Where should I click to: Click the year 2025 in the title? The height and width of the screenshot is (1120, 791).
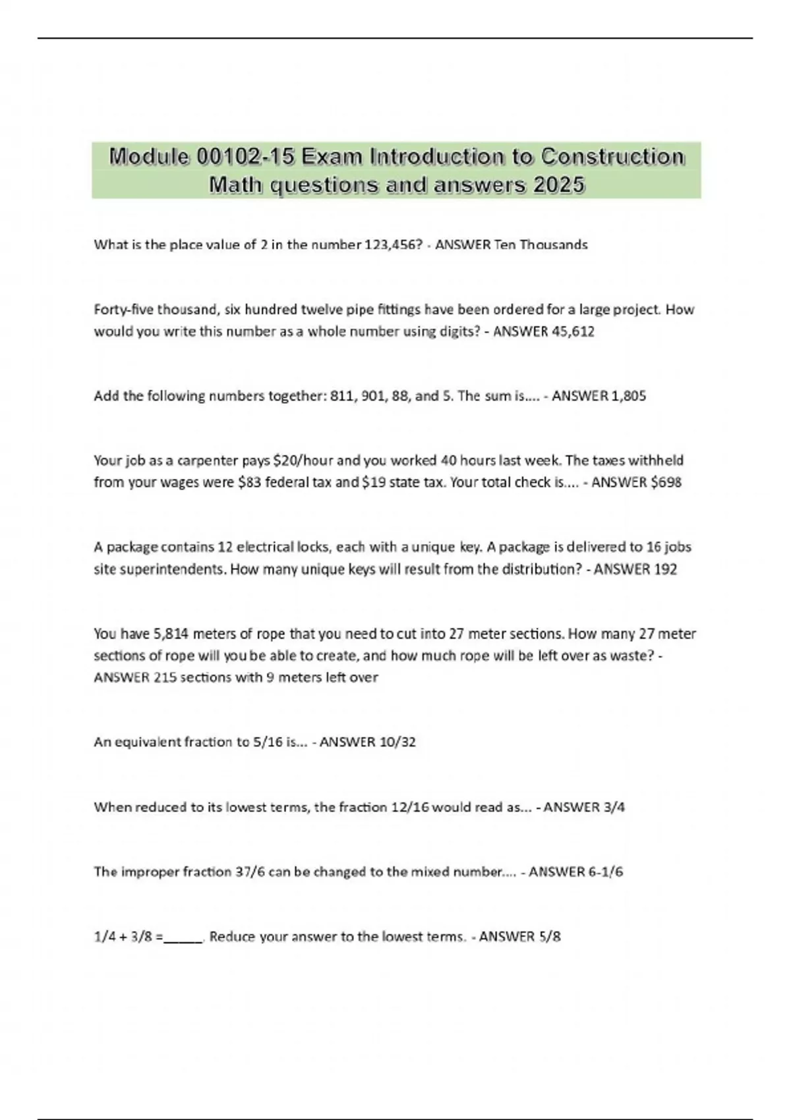(x=559, y=185)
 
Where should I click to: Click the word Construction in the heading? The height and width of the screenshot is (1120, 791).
(x=612, y=157)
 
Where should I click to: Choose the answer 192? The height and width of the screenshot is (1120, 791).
(x=665, y=569)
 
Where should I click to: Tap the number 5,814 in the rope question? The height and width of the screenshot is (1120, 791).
(x=171, y=634)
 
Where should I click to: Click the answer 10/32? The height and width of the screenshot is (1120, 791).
(x=397, y=742)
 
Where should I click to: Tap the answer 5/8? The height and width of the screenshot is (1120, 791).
(x=549, y=936)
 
